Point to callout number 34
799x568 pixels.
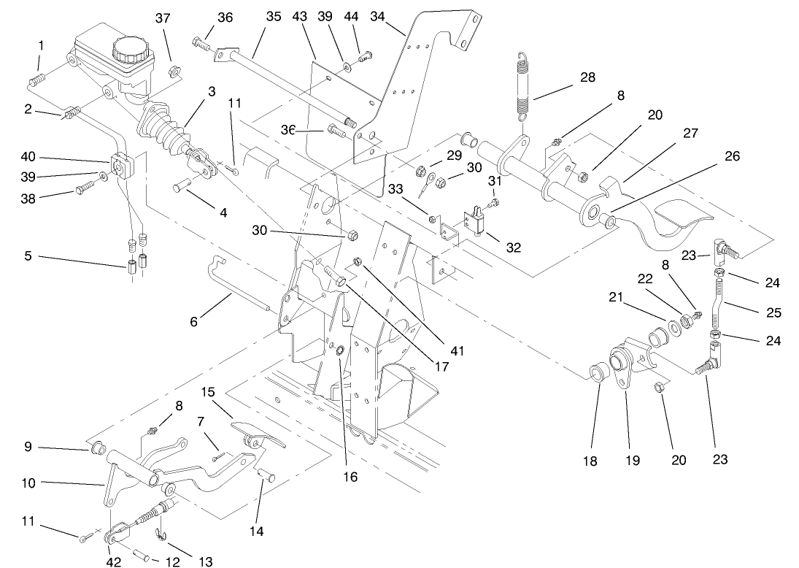point(377,15)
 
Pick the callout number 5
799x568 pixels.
point(27,256)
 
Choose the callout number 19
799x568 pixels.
point(632,461)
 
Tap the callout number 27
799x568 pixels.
point(690,134)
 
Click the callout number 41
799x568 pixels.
point(457,351)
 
